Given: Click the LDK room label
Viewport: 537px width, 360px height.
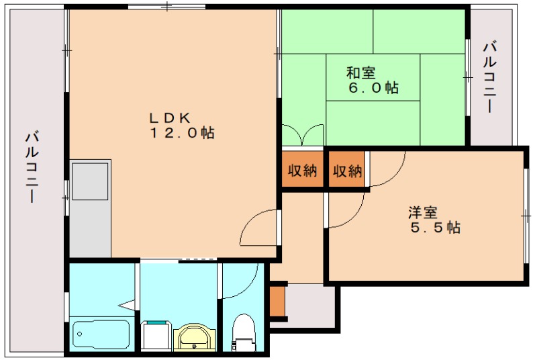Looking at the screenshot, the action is pos(170,118).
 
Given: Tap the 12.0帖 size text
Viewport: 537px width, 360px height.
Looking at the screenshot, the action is pos(182,132).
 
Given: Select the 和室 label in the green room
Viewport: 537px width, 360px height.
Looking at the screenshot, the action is pos(361,73).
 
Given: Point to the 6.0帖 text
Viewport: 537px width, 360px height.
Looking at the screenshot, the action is pos(373,88).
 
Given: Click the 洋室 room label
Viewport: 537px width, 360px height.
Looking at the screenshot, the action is pos(423,212).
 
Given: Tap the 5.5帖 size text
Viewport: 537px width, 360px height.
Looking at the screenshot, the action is pos(435,228).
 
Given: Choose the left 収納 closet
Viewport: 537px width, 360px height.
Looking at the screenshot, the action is pos(303,170).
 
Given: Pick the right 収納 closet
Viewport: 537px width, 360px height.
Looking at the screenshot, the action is pos(347,170).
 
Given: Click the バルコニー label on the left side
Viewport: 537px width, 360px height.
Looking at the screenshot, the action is pos(32,167).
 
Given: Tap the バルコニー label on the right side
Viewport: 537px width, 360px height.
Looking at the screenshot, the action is pos(489,77).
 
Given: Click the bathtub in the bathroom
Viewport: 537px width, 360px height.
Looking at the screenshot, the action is pos(101,334).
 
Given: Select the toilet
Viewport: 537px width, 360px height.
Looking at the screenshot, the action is pos(244,332).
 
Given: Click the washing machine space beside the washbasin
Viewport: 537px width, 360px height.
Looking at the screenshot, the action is pos(156,336).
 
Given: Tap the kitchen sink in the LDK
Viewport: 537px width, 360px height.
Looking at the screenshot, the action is pos(90,181).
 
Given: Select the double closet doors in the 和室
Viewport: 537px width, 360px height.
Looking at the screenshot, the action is pos(303,135).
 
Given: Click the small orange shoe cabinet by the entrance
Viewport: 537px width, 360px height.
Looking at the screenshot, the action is pos(277,301).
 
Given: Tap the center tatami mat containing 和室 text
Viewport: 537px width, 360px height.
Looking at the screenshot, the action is pos(373,77).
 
